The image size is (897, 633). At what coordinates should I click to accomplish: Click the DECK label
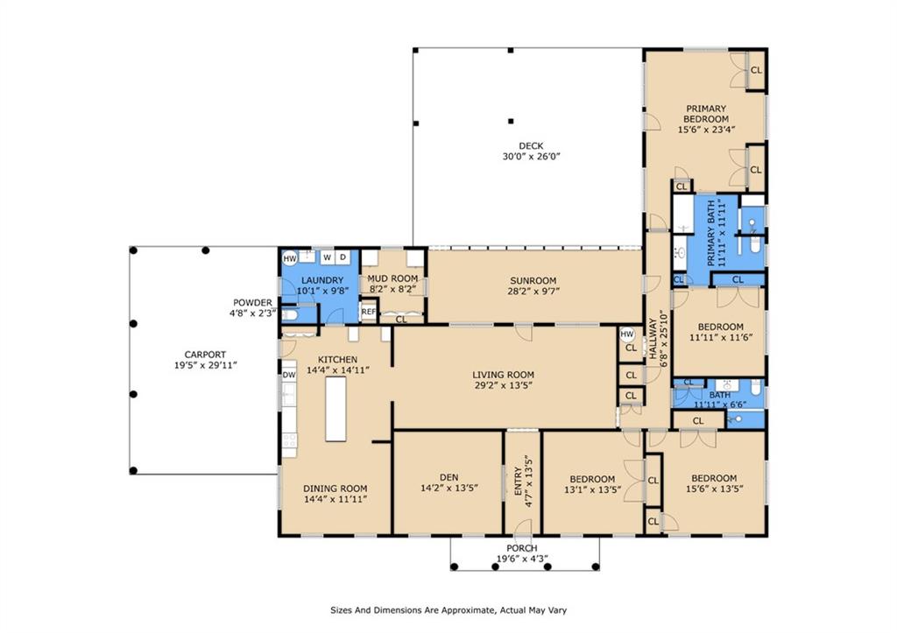point(531,146)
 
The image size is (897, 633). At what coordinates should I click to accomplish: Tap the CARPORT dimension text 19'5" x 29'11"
point(205,365)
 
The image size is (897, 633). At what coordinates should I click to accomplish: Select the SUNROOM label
point(533,281)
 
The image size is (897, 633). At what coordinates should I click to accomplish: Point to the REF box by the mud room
point(369,313)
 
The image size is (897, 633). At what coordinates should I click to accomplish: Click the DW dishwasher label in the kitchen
point(289,375)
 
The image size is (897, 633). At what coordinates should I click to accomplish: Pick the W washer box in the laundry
point(328,257)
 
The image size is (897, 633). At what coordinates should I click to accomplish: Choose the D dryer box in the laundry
point(343,257)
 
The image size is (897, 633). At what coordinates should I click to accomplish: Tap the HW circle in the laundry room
point(290,258)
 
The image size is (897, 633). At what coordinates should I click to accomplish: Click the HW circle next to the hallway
point(627,334)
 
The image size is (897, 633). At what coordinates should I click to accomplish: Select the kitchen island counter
point(335,409)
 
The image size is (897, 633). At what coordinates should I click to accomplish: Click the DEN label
point(449,477)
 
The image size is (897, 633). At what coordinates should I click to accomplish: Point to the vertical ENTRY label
point(519,481)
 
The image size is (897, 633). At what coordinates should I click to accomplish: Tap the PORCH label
point(522,548)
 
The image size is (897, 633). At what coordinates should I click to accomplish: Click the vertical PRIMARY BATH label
point(711,233)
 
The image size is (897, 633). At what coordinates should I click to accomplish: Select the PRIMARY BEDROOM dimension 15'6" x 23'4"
point(706,130)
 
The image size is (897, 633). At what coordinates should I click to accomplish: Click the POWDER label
point(252,302)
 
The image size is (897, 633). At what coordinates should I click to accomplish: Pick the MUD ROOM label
point(392,278)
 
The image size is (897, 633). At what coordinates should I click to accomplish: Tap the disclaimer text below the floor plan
point(448,610)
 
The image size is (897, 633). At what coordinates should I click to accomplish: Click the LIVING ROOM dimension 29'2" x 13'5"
point(504,385)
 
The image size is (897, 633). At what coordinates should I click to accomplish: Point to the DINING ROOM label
point(335,489)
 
